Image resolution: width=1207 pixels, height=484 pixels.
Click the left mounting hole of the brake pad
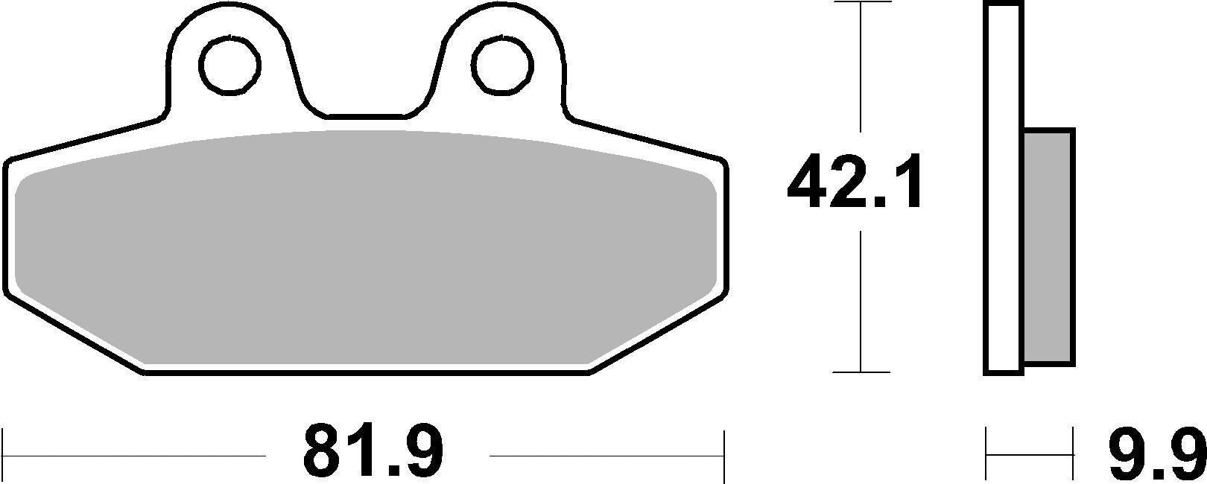click(x=229, y=65)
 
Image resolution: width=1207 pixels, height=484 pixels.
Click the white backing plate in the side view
click(x=1004, y=186)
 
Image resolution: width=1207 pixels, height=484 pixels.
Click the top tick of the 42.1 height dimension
click(x=861, y=4)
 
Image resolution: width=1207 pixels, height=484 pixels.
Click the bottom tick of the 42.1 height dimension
click(x=861, y=371)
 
